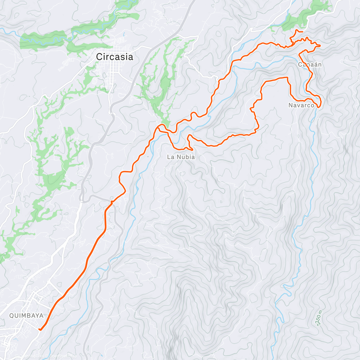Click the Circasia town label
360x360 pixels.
tap(114, 57)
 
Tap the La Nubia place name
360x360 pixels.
tap(181, 157)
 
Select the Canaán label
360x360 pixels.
tap(310, 64)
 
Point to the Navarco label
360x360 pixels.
tap(301, 105)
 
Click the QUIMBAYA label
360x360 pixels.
tap(26, 316)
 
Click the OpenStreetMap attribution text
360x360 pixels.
tap(61, 356)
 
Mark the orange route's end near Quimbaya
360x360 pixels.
tap(40, 329)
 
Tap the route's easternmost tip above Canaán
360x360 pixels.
tap(320, 45)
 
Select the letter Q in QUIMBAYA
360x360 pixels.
tap(12, 316)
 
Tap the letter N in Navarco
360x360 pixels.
tap(290, 105)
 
